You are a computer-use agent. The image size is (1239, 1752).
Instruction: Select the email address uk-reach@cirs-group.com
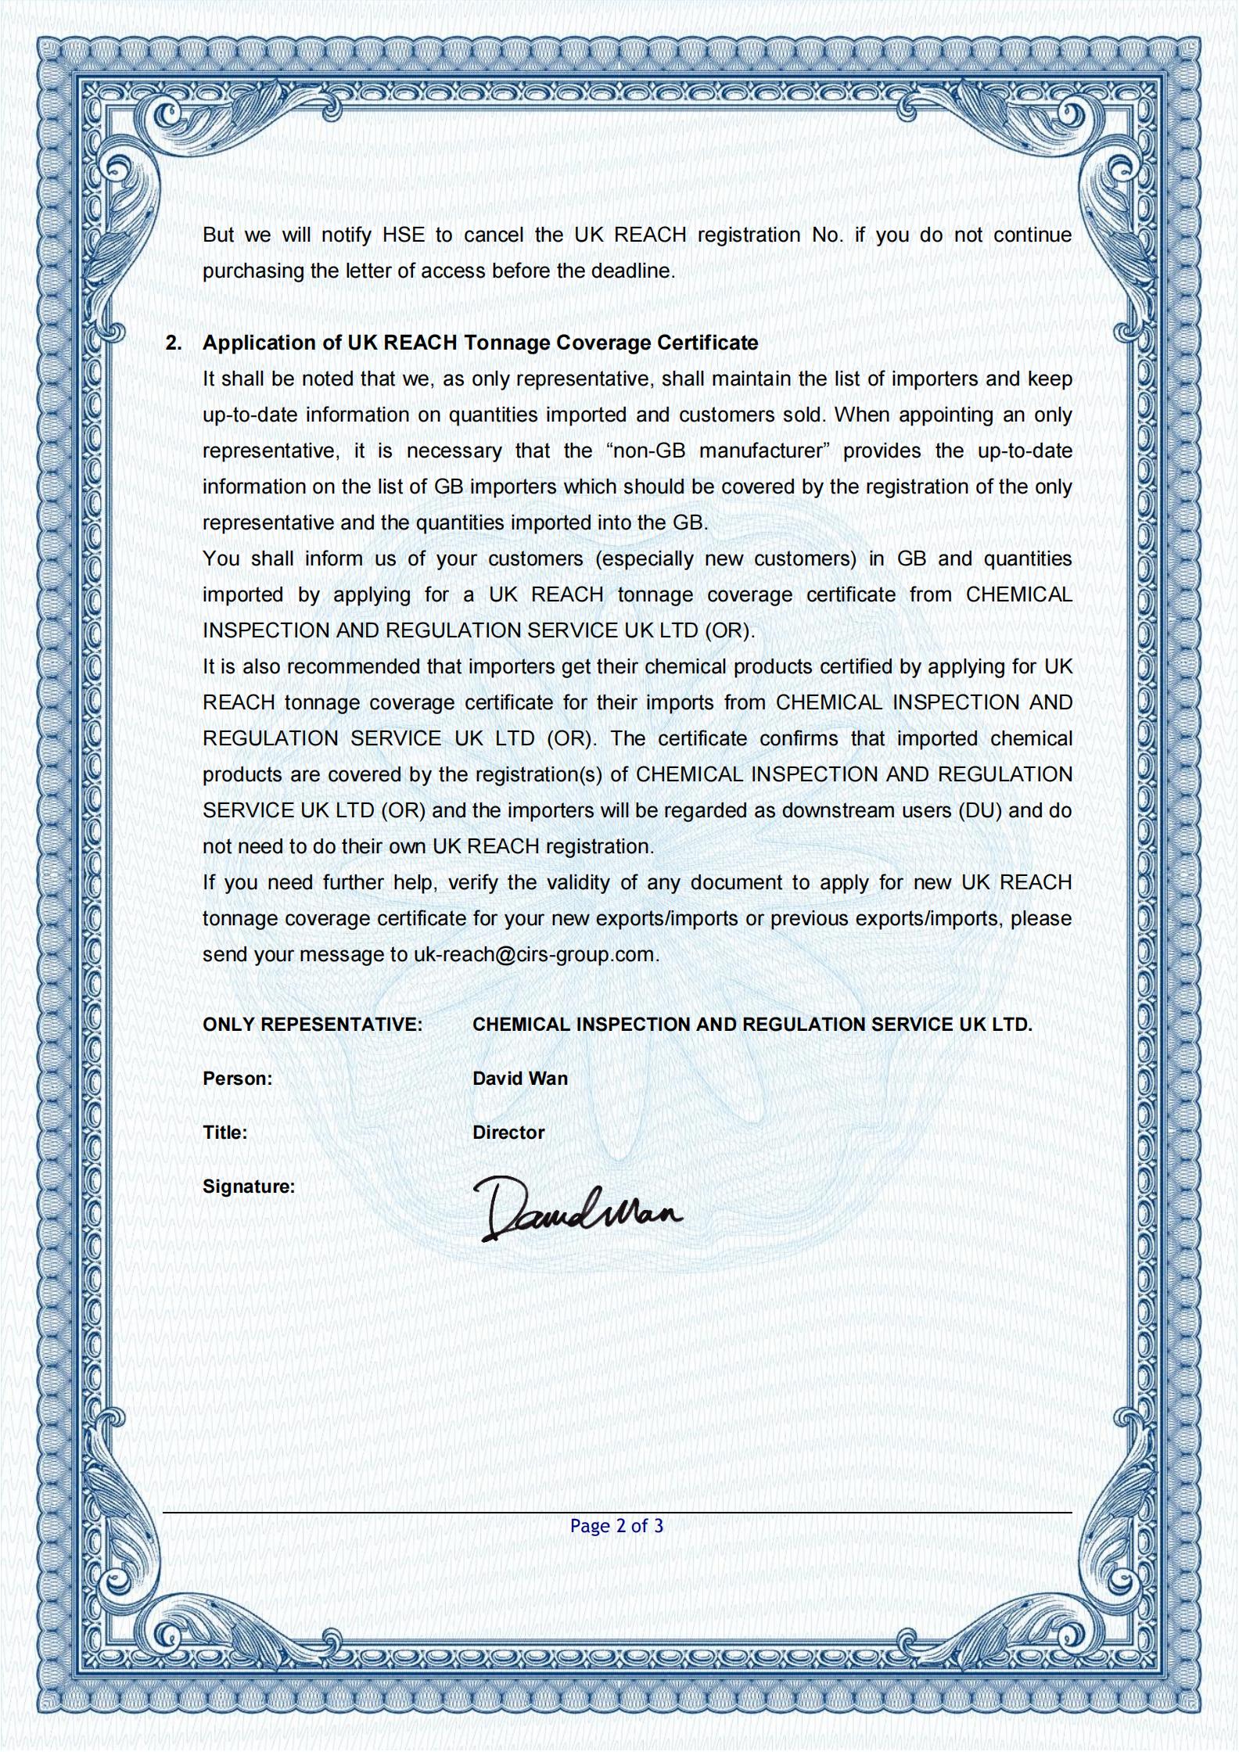pos(534,955)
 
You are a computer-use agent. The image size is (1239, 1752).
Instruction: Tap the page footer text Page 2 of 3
pos(616,1526)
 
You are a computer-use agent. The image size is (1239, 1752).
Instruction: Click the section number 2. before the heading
pos(174,343)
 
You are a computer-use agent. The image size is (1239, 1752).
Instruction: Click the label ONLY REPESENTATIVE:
pos(312,1025)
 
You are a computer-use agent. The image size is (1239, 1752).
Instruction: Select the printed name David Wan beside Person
pos(520,1079)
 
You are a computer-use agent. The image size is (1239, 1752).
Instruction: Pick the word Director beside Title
pos(508,1133)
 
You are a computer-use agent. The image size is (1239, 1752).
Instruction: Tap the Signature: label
pos(249,1187)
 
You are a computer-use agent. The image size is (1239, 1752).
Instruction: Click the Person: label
pos(238,1079)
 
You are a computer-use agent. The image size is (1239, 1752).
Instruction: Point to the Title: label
pos(225,1133)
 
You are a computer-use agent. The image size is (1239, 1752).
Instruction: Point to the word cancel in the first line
pos(494,235)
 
